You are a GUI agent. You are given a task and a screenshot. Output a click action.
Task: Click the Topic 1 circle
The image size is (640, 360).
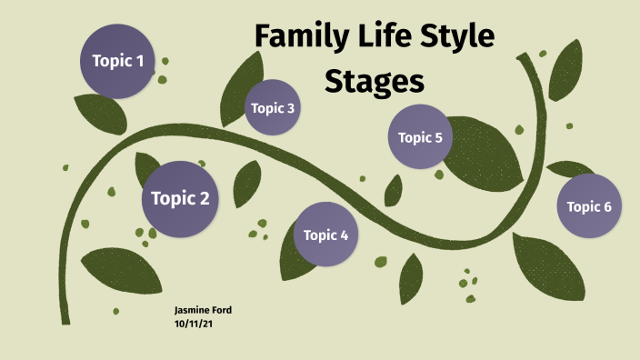(117, 62)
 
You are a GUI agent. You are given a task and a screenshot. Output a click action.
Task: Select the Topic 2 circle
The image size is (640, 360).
(180, 198)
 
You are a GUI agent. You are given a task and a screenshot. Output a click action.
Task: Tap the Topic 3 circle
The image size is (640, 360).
(273, 108)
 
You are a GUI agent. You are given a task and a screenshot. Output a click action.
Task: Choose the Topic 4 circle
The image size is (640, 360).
(325, 235)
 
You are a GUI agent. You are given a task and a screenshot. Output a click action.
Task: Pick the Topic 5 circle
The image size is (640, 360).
(420, 138)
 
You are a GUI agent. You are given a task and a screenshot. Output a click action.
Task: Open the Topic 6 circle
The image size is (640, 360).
(588, 206)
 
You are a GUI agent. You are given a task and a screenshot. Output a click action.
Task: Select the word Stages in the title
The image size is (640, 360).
(375, 82)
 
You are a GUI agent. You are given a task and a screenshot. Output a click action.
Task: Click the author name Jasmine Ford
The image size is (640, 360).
(203, 310)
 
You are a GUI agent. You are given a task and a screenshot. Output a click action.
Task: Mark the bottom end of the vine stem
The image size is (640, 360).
(65, 320)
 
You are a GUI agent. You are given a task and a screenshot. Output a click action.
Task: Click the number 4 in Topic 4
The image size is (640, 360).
(344, 235)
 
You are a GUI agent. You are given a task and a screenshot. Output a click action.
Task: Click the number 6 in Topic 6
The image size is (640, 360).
(606, 206)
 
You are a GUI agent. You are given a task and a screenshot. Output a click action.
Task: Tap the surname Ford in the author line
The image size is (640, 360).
(221, 310)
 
